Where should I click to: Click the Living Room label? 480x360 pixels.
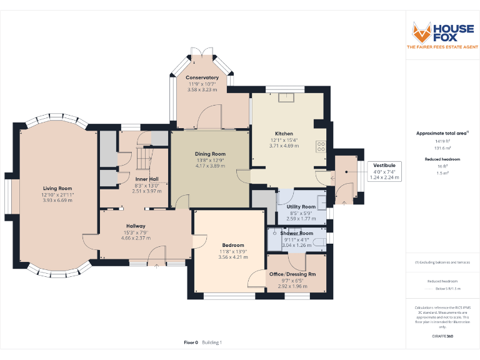57,188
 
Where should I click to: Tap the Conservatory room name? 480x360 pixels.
202,77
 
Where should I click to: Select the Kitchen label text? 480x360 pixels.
284,134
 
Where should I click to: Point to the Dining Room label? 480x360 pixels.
210,154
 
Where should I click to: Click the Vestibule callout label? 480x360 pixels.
384,165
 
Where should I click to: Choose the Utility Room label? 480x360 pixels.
301,207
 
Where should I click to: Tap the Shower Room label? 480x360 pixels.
297,233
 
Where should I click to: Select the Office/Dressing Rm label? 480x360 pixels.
292,274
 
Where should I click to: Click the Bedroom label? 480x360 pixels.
233,245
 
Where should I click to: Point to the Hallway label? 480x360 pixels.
136,226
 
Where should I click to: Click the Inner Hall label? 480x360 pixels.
147,179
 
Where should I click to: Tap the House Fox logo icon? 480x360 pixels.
422,31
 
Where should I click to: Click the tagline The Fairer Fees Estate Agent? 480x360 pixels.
442,47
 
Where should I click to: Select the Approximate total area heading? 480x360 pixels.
442,133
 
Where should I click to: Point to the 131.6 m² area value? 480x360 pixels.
442,148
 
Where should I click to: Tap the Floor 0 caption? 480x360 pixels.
191,342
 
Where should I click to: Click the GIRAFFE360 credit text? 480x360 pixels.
442,336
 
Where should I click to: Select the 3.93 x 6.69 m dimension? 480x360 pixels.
57,201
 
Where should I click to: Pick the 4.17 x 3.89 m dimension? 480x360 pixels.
210,166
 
